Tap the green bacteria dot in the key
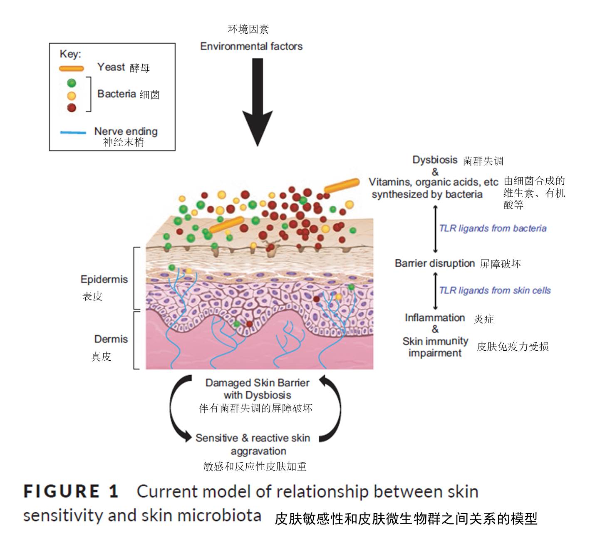(x=72, y=83)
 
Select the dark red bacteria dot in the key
(x=72, y=108)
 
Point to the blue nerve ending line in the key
(x=73, y=133)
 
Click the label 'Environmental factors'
(x=251, y=46)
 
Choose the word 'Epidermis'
(x=104, y=279)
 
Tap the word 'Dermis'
(x=111, y=339)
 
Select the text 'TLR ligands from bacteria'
(x=493, y=228)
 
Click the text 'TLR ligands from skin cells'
(x=495, y=290)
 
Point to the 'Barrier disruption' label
(x=435, y=263)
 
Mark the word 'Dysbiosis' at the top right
(x=435, y=160)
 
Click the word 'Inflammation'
(x=435, y=318)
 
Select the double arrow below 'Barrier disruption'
(x=435, y=290)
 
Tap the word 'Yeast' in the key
(x=111, y=67)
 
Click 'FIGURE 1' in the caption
(x=71, y=491)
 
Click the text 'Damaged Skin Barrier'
(x=257, y=383)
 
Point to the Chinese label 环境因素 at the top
(x=248, y=29)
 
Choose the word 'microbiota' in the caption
(x=219, y=516)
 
